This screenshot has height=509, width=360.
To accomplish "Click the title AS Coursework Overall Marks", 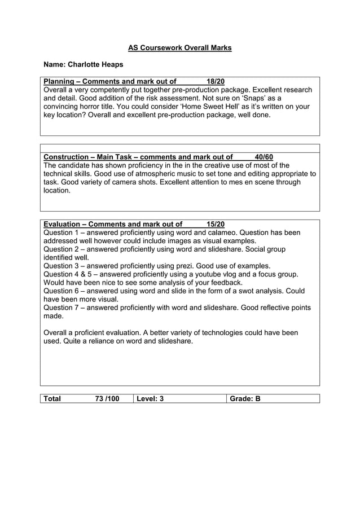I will (x=179, y=48).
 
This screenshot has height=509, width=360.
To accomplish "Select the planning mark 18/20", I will (x=216, y=81).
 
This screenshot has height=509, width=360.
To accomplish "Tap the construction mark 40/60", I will (x=264, y=157).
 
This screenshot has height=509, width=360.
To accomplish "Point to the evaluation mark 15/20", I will (x=216, y=224).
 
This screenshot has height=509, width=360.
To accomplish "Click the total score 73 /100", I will (x=107, y=399).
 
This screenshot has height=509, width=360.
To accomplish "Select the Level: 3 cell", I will (x=150, y=399).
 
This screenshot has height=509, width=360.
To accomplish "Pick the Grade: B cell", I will (x=245, y=399).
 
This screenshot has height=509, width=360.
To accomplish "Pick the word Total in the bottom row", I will (x=52, y=399).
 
